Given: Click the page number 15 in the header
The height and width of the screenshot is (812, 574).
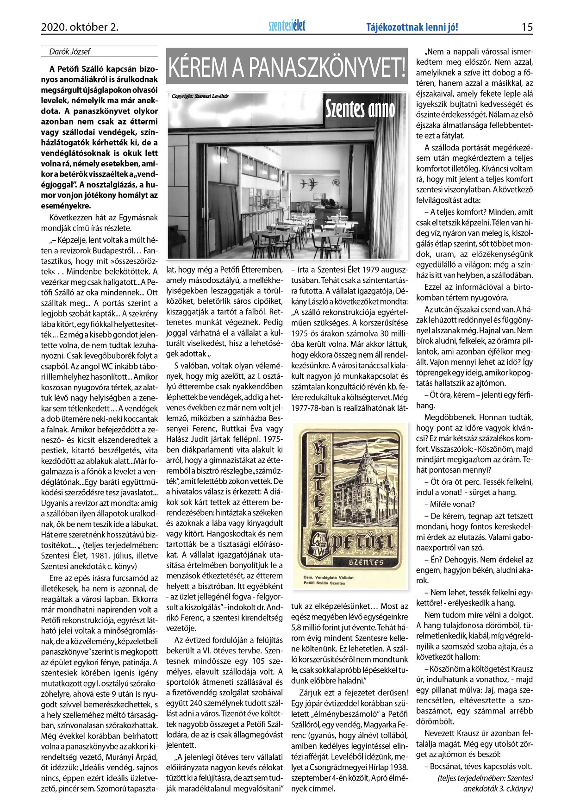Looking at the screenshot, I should (527, 27).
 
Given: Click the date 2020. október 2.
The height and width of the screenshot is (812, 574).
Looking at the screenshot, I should (80, 27).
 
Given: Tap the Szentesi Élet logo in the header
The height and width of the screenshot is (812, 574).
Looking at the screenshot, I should (287, 26).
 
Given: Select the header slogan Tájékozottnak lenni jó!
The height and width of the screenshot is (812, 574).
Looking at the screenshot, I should (412, 27).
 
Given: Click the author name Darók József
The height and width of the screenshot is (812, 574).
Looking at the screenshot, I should (70, 52).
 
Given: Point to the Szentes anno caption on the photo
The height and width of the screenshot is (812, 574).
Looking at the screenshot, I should (360, 109).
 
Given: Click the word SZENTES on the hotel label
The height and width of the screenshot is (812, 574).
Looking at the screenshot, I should (365, 562).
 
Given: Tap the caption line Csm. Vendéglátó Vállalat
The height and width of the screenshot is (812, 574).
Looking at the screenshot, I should (329, 578).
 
